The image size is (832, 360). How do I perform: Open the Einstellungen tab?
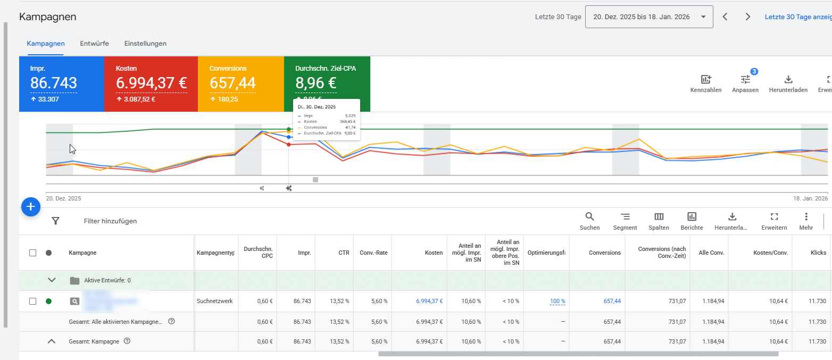tap(145, 44)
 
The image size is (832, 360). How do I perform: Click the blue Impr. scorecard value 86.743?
tap(54, 83)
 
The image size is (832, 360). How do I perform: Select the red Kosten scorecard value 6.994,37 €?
tap(151, 83)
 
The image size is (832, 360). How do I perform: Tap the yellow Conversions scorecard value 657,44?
tap(232, 83)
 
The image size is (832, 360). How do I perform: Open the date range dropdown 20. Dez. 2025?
tap(649, 17)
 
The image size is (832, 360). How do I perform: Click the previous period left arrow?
tap(725, 17)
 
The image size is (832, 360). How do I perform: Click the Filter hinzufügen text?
tap(110, 221)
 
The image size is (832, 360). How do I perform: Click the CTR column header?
tap(344, 253)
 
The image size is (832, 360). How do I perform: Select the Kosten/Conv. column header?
tap(771, 253)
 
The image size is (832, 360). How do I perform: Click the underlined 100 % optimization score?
tap(557, 302)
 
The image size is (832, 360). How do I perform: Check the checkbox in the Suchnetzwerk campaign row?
tap(32, 302)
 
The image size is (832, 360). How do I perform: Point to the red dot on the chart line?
tap(289, 145)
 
